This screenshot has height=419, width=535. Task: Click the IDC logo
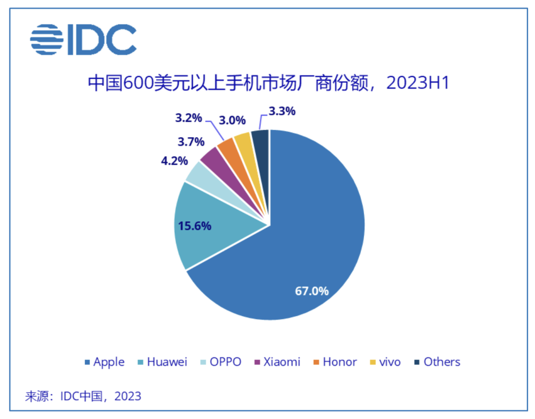click(x=83, y=40)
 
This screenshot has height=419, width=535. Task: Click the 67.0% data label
click(x=312, y=291)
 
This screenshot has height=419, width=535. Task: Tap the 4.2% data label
click(x=174, y=160)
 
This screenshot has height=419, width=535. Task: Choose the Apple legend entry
click(x=105, y=362)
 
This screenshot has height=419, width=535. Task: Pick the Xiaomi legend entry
click(x=277, y=362)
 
